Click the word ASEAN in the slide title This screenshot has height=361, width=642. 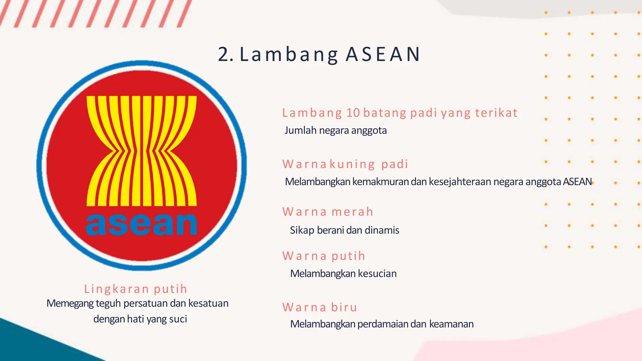[x=383, y=55]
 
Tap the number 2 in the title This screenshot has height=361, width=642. [x=224, y=55]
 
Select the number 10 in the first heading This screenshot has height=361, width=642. [x=353, y=113]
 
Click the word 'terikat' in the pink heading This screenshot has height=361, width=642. [x=496, y=113]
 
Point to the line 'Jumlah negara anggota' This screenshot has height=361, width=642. [x=335, y=130]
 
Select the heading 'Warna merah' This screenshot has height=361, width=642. [x=328, y=212]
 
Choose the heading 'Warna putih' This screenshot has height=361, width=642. [x=324, y=256]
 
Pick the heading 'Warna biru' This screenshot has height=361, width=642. [x=320, y=307]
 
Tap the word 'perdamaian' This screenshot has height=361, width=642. [x=383, y=324]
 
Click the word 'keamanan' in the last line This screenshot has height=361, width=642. [x=451, y=324]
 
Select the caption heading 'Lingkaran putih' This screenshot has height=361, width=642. [x=136, y=289]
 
